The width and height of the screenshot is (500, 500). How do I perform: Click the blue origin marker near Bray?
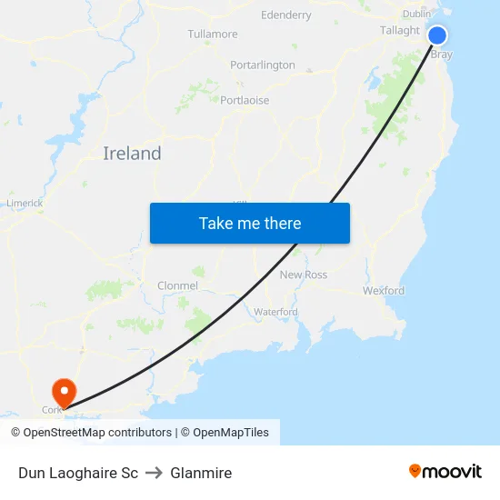tap(437, 35)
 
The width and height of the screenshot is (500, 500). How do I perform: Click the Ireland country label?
tap(132, 154)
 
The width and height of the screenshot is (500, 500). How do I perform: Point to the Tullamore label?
tap(212, 35)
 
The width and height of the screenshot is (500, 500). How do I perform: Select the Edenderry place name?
tap(285, 15)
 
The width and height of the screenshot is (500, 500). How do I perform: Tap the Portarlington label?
tap(263, 65)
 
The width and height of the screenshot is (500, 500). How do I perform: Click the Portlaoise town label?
tap(245, 100)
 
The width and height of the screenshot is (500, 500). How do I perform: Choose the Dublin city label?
tap(416, 14)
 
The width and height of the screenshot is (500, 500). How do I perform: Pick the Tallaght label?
tap(400, 30)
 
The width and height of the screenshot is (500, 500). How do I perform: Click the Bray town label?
tap(441, 55)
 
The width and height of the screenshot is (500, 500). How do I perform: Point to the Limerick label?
tap(25, 203)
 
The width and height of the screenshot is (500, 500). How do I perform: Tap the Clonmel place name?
tap(177, 285)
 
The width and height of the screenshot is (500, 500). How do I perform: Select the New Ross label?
tap(304, 275)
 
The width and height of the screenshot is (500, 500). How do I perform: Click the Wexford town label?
tap(384, 291)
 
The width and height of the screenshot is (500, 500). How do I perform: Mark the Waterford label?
tap(275, 312)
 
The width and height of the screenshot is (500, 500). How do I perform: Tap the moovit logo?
tap(445, 472)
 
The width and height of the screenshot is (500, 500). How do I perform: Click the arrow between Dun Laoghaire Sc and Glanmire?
tap(154, 473)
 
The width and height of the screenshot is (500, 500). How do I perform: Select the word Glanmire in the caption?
tap(201, 473)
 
